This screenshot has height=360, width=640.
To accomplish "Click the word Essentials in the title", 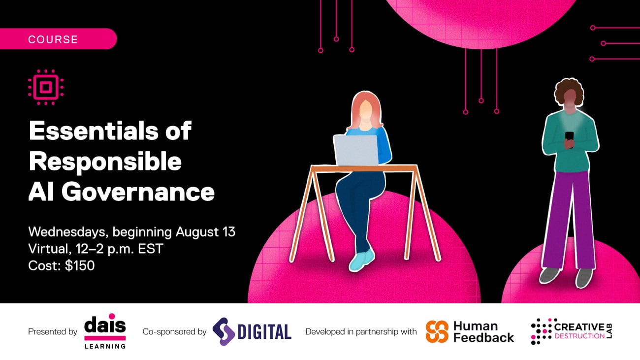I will tap(110, 131).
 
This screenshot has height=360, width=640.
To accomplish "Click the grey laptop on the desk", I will tap(356, 150).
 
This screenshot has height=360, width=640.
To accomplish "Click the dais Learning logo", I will tap(105, 331).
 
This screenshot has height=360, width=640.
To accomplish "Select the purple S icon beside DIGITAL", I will tap(223, 331).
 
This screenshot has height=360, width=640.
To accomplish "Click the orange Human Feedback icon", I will tap(437, 331).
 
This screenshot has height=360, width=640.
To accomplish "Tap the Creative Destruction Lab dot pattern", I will tap(541, 331).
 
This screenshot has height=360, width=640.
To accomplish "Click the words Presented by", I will tap(53, 332).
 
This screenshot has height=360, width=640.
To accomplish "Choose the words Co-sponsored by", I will tap(174, 332).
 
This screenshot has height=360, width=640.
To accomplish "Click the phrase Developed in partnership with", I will tap(361, 332).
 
